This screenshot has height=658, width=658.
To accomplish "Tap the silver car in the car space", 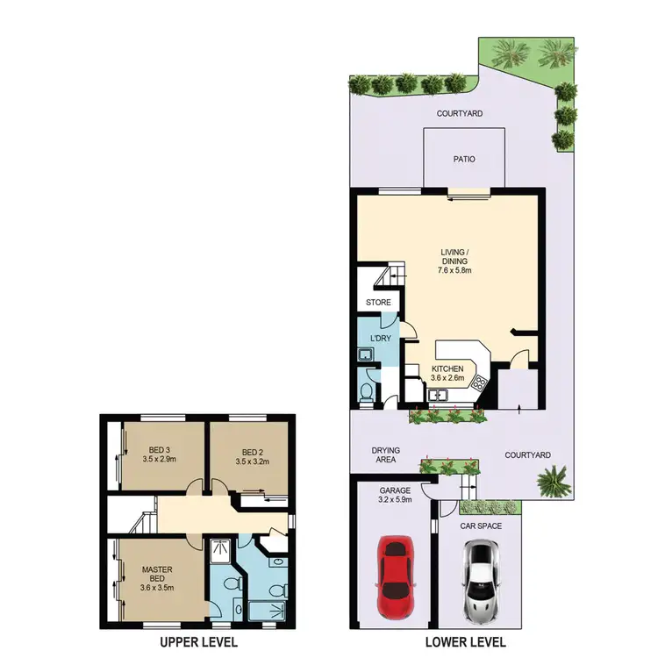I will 480,576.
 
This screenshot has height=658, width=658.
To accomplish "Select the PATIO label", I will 464,160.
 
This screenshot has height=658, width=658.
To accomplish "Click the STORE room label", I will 379,303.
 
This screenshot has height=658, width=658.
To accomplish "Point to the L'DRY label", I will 380,338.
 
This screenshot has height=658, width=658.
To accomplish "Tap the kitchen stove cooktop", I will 480,382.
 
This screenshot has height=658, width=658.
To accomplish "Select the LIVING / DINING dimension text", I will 454,271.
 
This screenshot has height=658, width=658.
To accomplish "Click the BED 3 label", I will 160,454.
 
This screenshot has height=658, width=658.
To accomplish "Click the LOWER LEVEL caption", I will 460,642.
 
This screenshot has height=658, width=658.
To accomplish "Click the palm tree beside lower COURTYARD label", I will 552,481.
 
